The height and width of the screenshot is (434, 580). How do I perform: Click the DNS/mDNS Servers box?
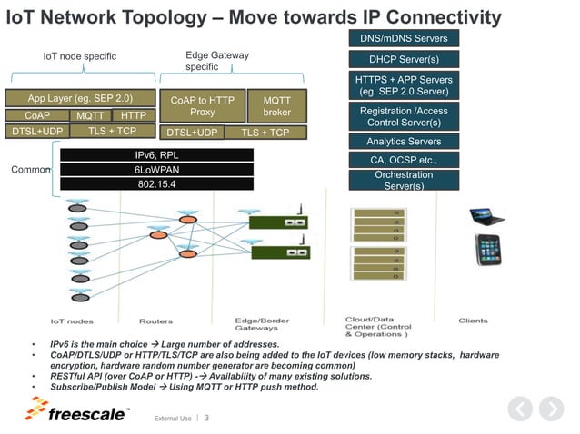coord(404,38)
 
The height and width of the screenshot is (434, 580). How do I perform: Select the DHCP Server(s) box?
coord(404,59)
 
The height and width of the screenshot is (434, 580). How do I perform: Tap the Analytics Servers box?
coord(404,141)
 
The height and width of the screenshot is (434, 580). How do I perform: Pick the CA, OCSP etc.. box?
coord(404,160)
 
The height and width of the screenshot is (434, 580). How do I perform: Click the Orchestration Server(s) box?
coord(404,179)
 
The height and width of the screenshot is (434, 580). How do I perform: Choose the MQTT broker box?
coord(276,106)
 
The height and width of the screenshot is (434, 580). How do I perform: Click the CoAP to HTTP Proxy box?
coord(203,106)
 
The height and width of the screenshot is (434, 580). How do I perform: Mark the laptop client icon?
coord(486,216)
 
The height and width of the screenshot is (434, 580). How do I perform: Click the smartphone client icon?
coord(488,252)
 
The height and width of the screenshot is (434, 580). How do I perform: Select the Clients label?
coord(473,321)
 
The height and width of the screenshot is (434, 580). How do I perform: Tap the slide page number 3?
coord(206,419)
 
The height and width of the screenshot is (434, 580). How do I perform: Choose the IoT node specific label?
coord(80,57)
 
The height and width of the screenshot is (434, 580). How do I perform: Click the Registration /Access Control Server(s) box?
coord(404,116)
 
